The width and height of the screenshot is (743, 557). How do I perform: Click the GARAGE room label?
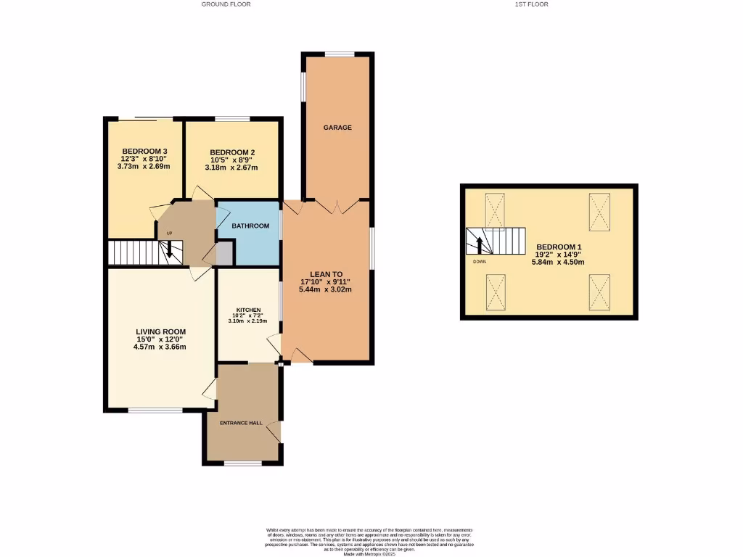pyautogui.click(x=337, y=128)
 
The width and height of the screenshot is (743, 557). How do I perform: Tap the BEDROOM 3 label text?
pyautogui.click(x=144, y=151)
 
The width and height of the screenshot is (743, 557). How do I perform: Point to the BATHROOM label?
pyautogui.click(x=250, y=226)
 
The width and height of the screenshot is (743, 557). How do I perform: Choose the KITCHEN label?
pyautogui.click(x=247, y=310)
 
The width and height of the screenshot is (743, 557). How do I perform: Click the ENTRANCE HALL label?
pyautogui.click(x=241, y=422)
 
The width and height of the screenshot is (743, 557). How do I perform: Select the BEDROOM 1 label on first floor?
pyautogui.click(x=559, y=247)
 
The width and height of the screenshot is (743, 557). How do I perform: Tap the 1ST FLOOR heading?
pyautogui.click(x=531, y=4)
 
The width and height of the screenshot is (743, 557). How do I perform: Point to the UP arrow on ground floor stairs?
pyautogui.click(x=170, y=249)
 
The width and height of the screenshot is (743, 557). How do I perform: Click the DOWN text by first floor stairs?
pyautogui.click(x=480, y=261)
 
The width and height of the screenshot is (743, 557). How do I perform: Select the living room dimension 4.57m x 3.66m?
pyautogui.click(x=160, y=347)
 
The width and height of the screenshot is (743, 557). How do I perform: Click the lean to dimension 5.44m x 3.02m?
pyautogui.click(x=325, y=290)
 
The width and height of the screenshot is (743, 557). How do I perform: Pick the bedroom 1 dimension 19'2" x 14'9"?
pyautogui.click(x=559, y=255)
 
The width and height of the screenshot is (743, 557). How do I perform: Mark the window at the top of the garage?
pyautogui.click(x=339, y=54)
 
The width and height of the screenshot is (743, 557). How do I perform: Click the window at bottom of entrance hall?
pyautogui.click(x=242, y=463)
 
